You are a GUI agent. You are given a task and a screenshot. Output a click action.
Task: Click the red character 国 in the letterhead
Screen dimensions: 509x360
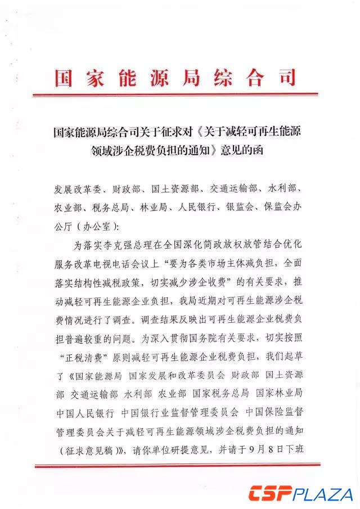pyautogui.click(x=66, y=77)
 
